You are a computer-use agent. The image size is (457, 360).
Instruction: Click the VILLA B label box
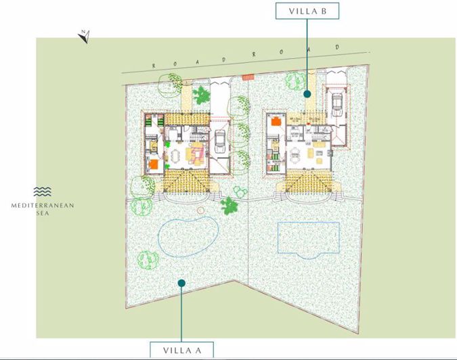307,11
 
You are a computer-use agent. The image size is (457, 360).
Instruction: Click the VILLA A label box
181,350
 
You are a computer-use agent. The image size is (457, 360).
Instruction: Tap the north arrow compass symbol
85,36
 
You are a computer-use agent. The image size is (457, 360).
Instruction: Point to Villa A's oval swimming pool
188,236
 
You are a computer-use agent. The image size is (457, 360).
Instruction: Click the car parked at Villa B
336,102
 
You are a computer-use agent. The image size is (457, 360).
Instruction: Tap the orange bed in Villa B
277,122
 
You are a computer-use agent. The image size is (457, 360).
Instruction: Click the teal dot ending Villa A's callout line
181,283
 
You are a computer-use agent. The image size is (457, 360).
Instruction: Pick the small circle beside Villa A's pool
200,210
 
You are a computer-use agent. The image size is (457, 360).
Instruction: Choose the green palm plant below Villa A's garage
230,204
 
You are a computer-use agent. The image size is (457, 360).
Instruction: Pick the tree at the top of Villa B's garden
295,81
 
